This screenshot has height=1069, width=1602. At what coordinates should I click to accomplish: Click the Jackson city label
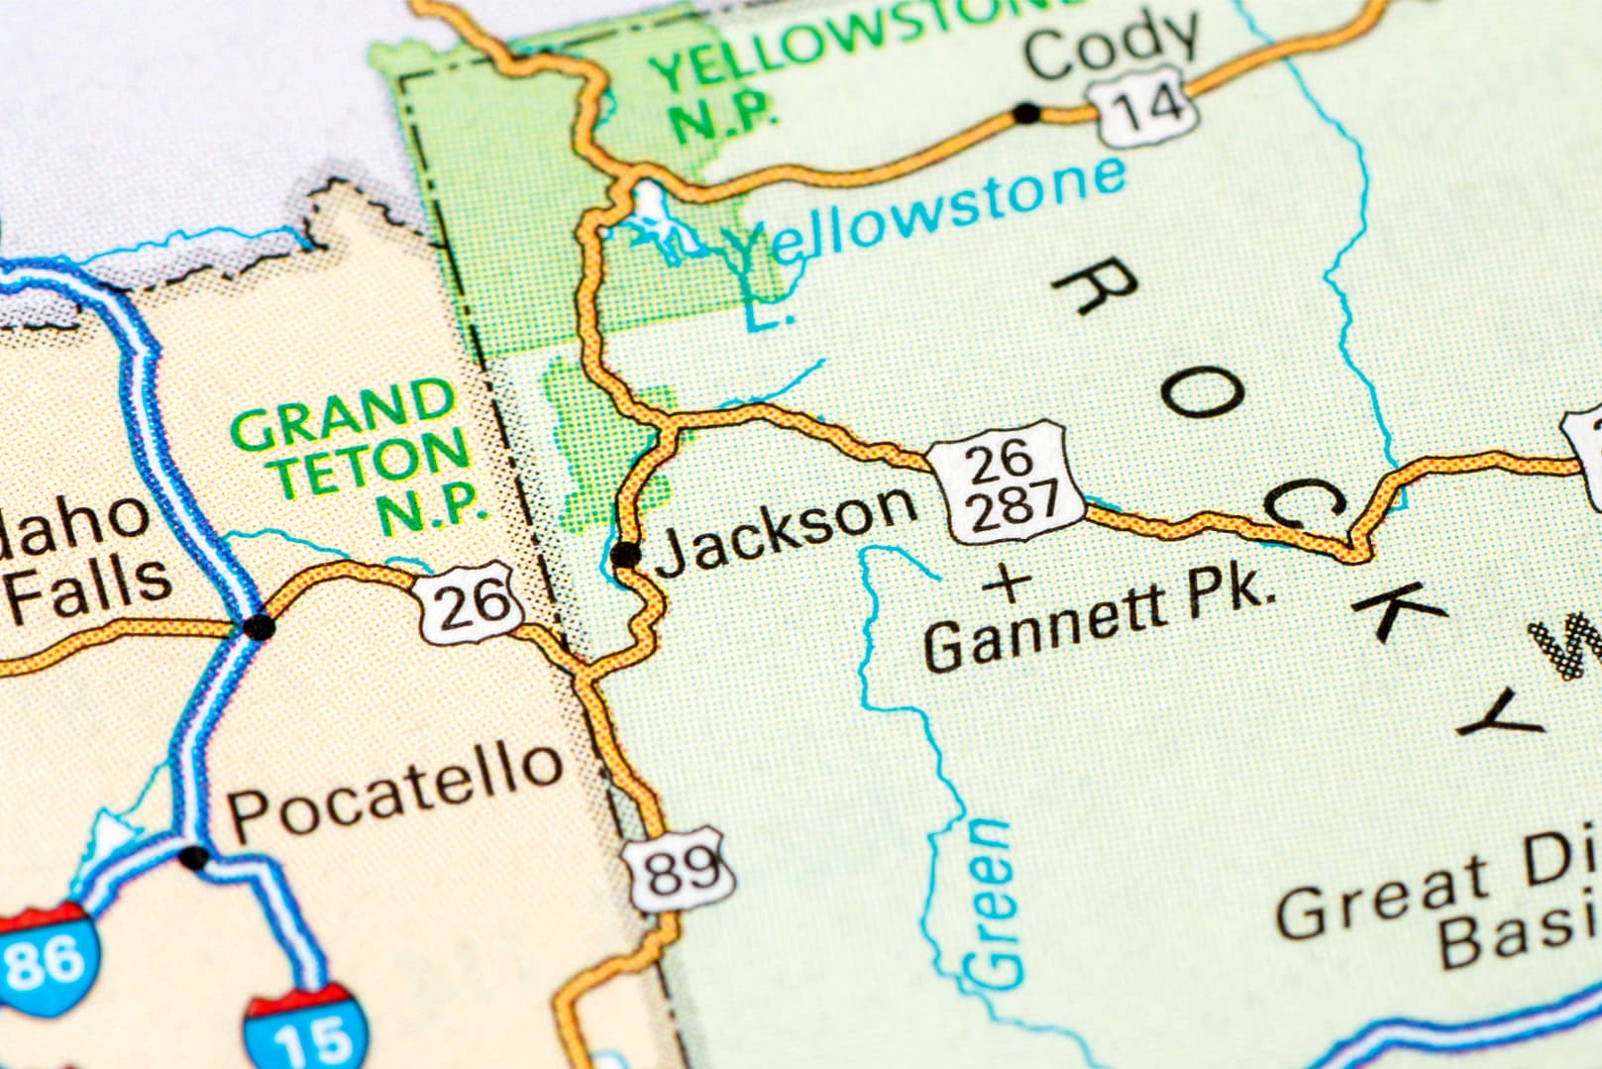(x=786, y=523)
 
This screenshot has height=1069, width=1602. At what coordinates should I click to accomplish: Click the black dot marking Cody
(x=1027, y=114)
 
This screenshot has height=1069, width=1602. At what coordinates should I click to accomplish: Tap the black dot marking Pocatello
(x=194, y=857)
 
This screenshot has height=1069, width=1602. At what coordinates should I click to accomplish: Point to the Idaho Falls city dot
(x=260, y=626)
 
